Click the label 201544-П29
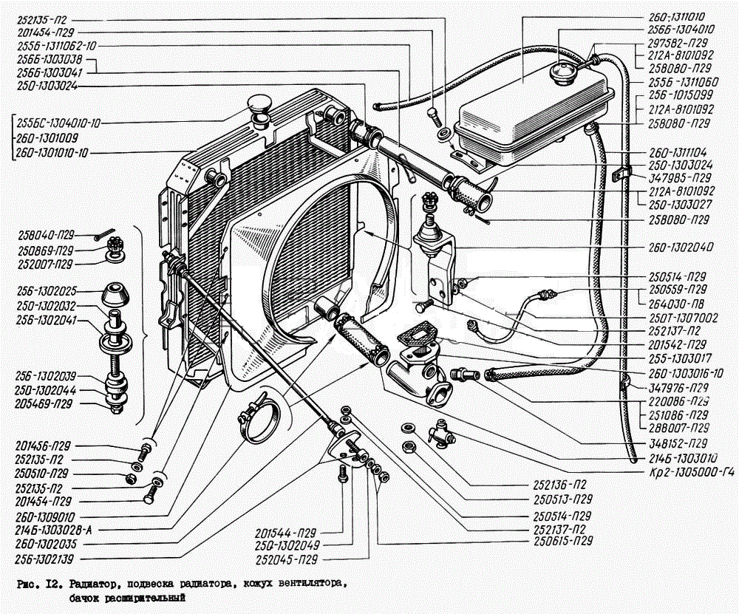[290, 533]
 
